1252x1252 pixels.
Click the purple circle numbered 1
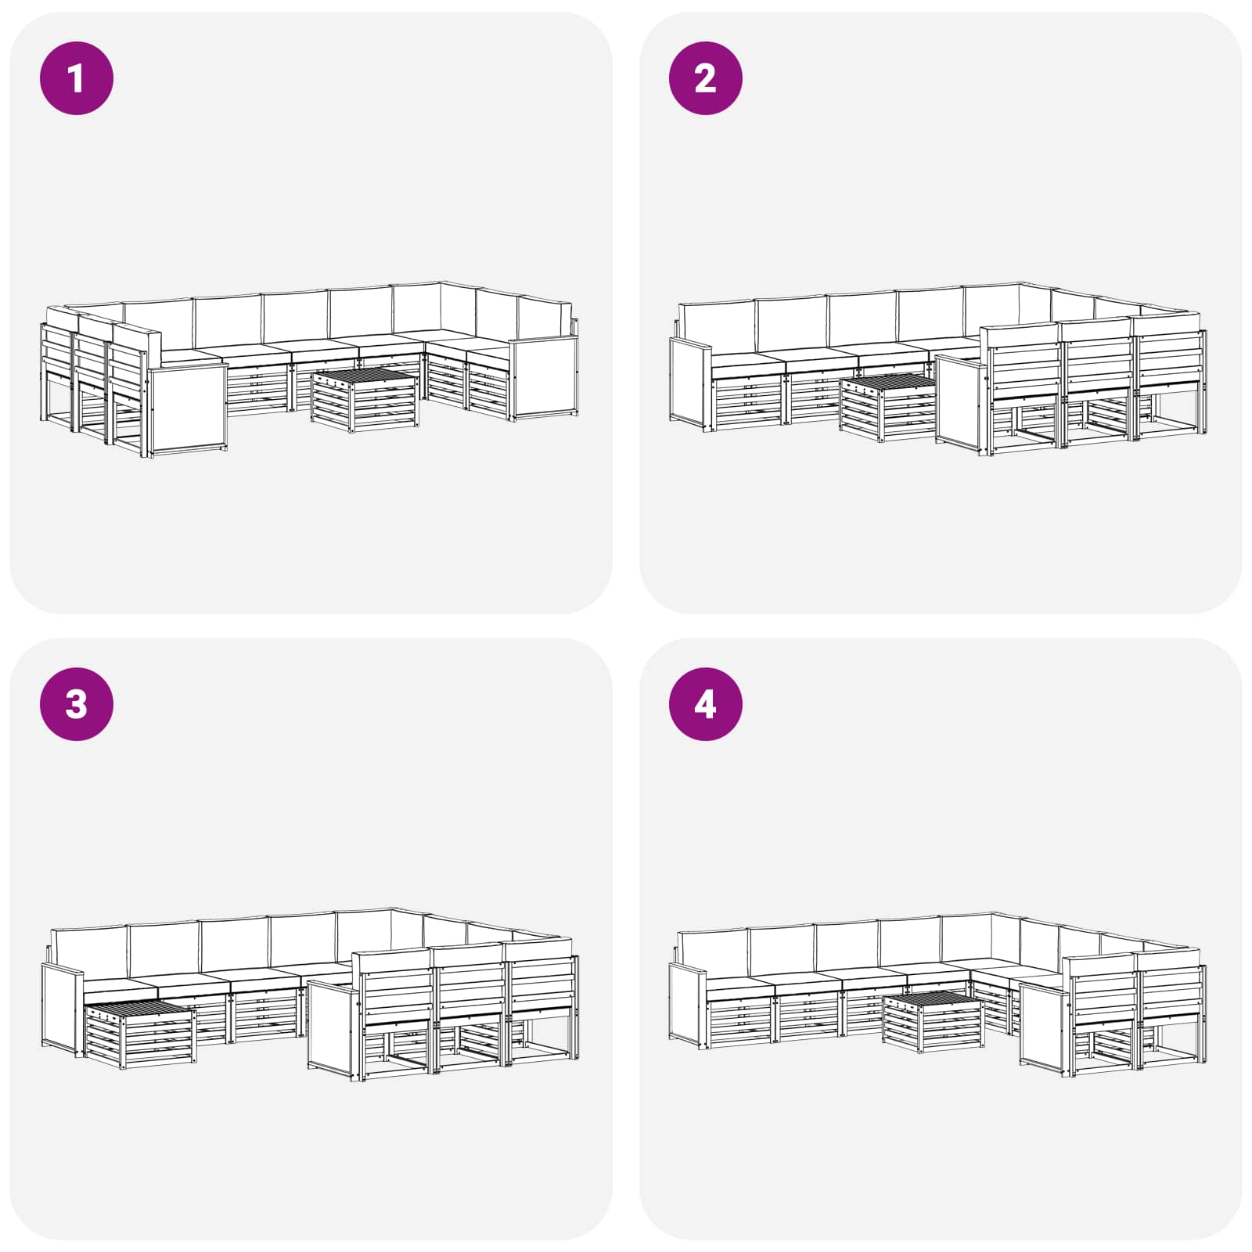tap(77, 78)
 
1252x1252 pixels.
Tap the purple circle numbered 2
tap(705, 78)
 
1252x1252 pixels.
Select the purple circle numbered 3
tap(77, 704)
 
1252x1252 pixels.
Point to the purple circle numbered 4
tap(705, 704)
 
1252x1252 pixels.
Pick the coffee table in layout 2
tap(889, 407)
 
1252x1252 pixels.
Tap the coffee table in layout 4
tap(933, 1020)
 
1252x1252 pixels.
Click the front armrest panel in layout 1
tap(187, 410)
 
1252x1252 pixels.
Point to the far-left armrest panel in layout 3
tap(62, 1009)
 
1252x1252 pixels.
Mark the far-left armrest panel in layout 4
tap(688, 1005)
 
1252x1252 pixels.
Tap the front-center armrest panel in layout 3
tap(333, 1028)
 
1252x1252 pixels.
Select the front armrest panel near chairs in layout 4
tap(1043, 1030)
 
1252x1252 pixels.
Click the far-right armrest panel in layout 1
tap(544, 377)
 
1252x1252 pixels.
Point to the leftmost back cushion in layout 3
tap(88, 955)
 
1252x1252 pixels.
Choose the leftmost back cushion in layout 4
tap(713, 953)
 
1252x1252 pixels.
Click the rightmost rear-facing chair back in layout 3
tap(540, 978)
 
